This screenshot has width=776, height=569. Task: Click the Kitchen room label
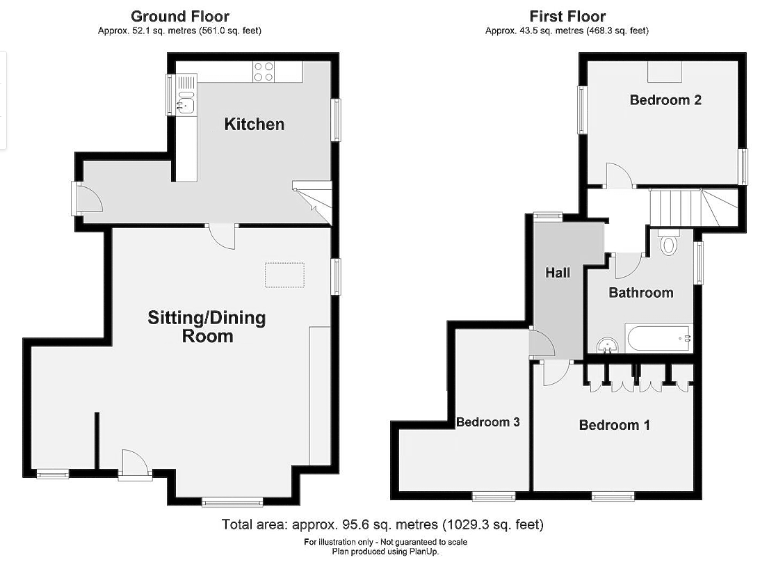254,124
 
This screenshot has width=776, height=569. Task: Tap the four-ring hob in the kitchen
264,72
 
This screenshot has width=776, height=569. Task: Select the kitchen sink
186,102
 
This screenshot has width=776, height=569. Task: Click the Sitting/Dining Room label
207,327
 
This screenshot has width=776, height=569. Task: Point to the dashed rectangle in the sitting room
284,275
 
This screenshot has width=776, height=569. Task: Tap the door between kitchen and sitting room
221,237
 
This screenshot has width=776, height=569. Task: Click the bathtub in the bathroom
658,339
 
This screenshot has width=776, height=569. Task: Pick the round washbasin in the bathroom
607,345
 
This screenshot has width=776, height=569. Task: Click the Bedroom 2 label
665,100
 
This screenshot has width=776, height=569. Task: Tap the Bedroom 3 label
488,422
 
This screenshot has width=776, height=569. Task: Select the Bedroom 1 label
614,425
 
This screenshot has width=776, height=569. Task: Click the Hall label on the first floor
558,273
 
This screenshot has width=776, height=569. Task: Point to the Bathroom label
641,293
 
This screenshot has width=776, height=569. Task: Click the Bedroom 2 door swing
620,175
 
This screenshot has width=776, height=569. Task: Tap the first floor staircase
693,207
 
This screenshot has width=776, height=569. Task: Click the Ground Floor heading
179,16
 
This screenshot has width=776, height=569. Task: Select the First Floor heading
567,16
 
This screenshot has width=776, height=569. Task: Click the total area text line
382,524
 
